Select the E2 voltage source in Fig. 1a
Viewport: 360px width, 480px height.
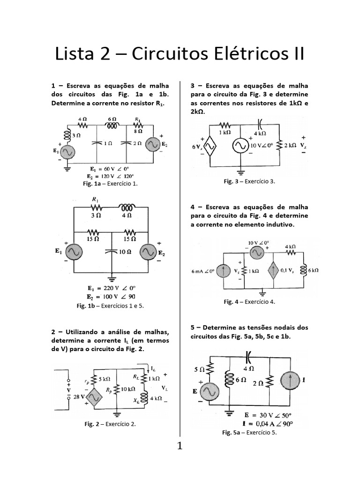coord(153,145)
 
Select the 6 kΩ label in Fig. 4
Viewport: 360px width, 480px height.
coord(313,270)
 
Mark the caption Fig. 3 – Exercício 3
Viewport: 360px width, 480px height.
coord(249,181)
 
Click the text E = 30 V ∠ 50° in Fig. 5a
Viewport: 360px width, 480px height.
coord(268,415)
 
